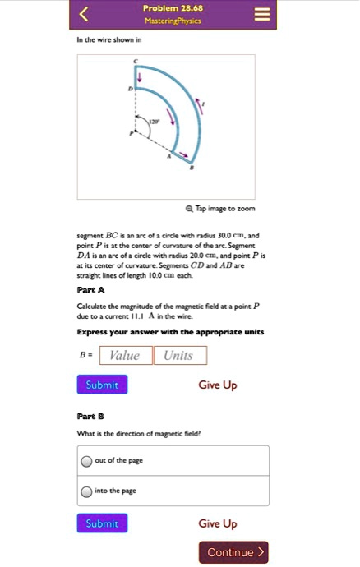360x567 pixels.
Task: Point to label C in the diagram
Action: pyautogui.click(x=136, y=63)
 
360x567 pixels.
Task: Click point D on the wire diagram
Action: pyautogui.click(x=129, y=88)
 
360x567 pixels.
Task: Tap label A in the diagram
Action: pyautogui.click(x=169, y=154)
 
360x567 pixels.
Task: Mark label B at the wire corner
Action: pyautogui.click(x=192, y=168)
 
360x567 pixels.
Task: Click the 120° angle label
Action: pyautogui.click(x=151, y=121)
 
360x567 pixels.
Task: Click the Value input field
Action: pyautogui.click(x=126, y=355)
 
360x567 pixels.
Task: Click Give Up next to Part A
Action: pyautogui.click(x=218, y=385)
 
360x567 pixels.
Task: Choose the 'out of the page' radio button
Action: pyautogui.click(x=86, y=461)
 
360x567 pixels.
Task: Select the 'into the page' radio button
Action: pyautogui.click(x=86, y=491)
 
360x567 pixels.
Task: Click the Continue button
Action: pyautogui.click(x=233, y=552)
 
